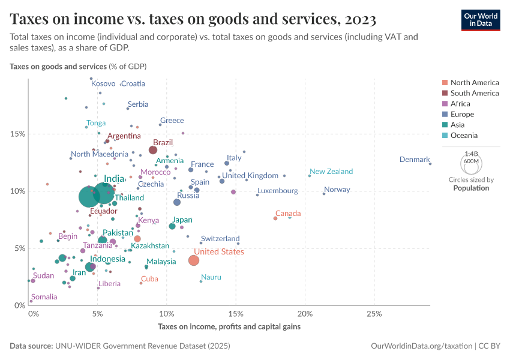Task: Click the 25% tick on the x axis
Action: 374,313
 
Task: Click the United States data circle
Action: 193,260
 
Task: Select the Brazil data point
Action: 153,150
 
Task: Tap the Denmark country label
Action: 415,160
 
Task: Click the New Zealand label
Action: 331,172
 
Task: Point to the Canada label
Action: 288,214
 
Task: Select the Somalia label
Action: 44,297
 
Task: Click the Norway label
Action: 337,190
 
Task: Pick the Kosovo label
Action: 103,83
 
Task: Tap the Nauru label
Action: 211,277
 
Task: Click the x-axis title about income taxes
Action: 229,327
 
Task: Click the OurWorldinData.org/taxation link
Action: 421,346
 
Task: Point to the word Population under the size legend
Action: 471,188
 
